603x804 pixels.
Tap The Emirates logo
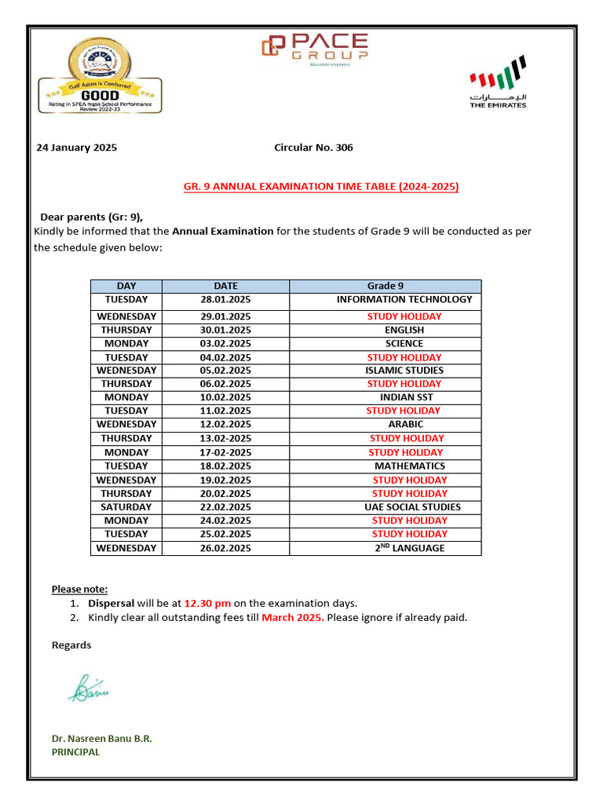tap(498, 82)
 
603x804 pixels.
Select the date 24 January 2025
tap(77, 148)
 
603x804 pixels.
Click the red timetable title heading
tap(320, 187)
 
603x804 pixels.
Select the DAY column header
tap(126, 286)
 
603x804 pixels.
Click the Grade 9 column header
tap(385, 286)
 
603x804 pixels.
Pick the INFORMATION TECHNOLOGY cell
tap(404, 299)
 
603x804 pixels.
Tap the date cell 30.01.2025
tap(225, 330)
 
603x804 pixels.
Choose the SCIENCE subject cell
tap(404, 343)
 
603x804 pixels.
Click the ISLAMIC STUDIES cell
tap(404, 370)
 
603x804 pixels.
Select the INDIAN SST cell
tap(405, 397)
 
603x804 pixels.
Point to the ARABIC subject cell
tap(405, 424)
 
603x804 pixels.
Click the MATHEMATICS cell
tap(409, 466)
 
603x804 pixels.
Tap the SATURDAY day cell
tap(126, 507)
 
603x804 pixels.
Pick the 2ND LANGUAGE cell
tap(409, 548)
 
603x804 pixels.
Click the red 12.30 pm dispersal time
tap(207, 603)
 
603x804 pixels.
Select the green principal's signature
tap(88, 689)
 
